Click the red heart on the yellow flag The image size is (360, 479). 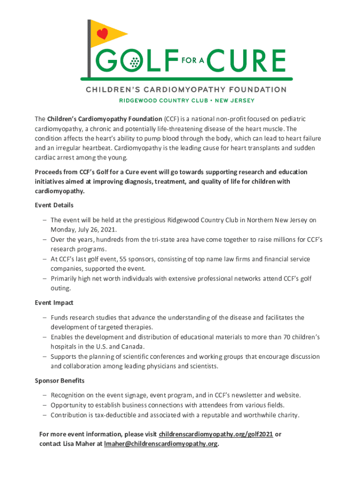coord(102,33)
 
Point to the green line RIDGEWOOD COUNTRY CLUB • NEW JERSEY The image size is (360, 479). coord(186,100)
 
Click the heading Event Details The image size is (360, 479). coord(54,205)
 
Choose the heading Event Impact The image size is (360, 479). coord(54,303)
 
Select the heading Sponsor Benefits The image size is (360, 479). coord(59,381)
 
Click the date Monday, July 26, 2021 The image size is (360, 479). coord(84,230)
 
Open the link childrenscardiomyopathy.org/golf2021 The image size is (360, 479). coord(216,434)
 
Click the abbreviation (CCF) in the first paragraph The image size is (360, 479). coord(171,119)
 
